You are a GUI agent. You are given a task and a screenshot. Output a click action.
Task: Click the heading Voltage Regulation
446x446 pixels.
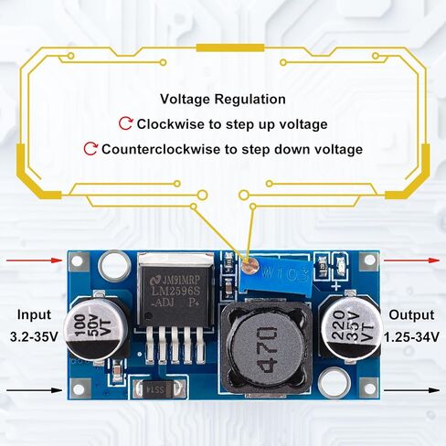pos(223,100)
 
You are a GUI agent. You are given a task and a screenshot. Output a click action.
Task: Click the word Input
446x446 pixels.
pos(34,315)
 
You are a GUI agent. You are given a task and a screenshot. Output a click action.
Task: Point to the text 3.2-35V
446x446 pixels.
pos(34,337)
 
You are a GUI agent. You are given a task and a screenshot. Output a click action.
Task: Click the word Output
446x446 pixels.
pos(411,315)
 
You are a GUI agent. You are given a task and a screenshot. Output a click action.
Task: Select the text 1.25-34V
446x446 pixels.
pos(411,337)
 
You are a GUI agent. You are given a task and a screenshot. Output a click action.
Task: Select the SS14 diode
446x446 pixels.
pos(158,389)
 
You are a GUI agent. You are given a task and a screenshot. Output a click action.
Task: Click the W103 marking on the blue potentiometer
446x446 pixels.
pos(285,275)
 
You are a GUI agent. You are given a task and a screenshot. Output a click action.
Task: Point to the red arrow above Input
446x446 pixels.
pos(35,260)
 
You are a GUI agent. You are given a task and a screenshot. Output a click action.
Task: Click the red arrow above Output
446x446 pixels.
pos(411,260)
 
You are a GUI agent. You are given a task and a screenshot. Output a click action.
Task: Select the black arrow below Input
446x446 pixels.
pos(35,390)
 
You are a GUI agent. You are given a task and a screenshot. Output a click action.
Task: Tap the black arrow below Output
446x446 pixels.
pos(411,390)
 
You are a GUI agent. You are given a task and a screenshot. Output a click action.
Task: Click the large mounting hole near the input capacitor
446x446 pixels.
pos(114,265)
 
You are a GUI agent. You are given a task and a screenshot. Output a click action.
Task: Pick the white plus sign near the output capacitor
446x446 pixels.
pos(337,286)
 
